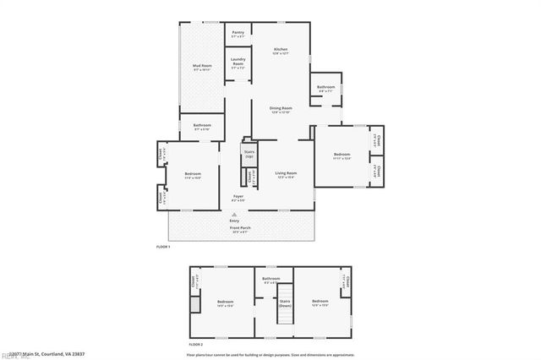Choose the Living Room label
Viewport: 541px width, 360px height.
(x=286, y=175)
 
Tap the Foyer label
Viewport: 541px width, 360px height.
(x=239, y=198)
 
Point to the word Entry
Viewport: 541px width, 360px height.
(x=246, y=221)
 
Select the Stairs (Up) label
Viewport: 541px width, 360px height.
(x=249, y=155)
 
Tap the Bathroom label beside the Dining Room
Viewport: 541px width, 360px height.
(x=326, y=89)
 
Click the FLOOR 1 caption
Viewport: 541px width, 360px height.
(x=163, y=246)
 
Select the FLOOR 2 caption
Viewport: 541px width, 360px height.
(x=195, y=345)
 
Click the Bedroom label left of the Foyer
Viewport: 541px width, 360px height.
(x=193, y=175)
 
